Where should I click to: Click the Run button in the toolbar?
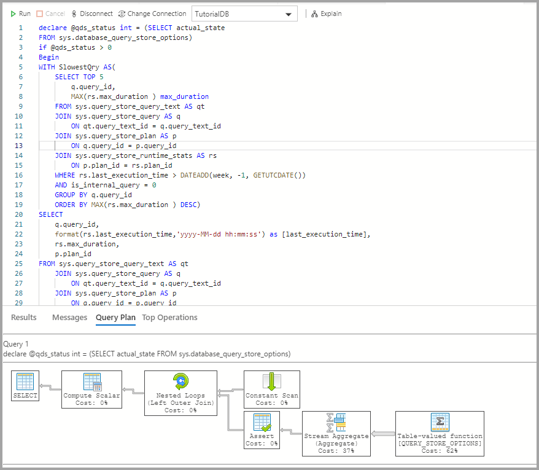coord(20,14)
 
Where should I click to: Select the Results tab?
coord(24,318)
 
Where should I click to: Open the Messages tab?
coord(69,318)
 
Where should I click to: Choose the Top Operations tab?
coord(169,318)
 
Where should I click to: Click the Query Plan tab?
coord(115,318)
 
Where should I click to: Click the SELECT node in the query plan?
coord(25,386)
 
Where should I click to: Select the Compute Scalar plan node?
coord(92,389)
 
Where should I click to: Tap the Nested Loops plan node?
coord(180,393)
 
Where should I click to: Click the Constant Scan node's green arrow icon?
coord(271,382)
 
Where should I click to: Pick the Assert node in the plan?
coord(262,429)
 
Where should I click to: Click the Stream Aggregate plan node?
coord(336,433)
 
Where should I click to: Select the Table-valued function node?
coord(440,433)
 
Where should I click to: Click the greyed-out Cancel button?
coord(50,14)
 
